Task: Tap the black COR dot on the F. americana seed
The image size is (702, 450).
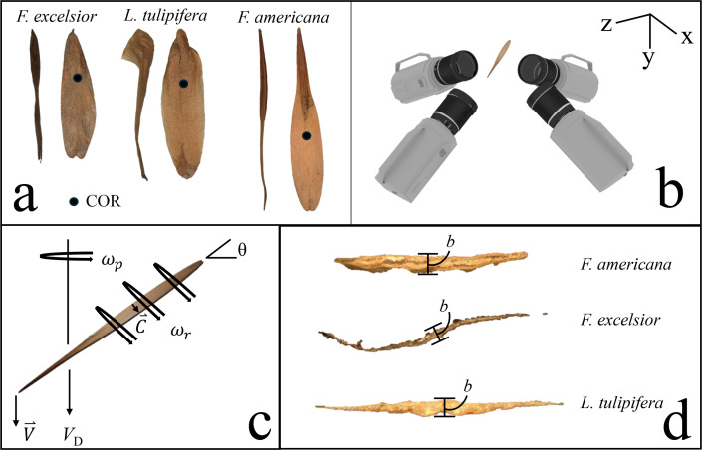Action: click(307, 134)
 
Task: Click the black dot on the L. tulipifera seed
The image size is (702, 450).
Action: click(183, 84)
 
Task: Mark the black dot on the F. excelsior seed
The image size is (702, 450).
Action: click(76, 77)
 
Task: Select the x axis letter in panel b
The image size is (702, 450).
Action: click(685, 37)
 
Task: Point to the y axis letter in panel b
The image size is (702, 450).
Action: click(648, 58)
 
